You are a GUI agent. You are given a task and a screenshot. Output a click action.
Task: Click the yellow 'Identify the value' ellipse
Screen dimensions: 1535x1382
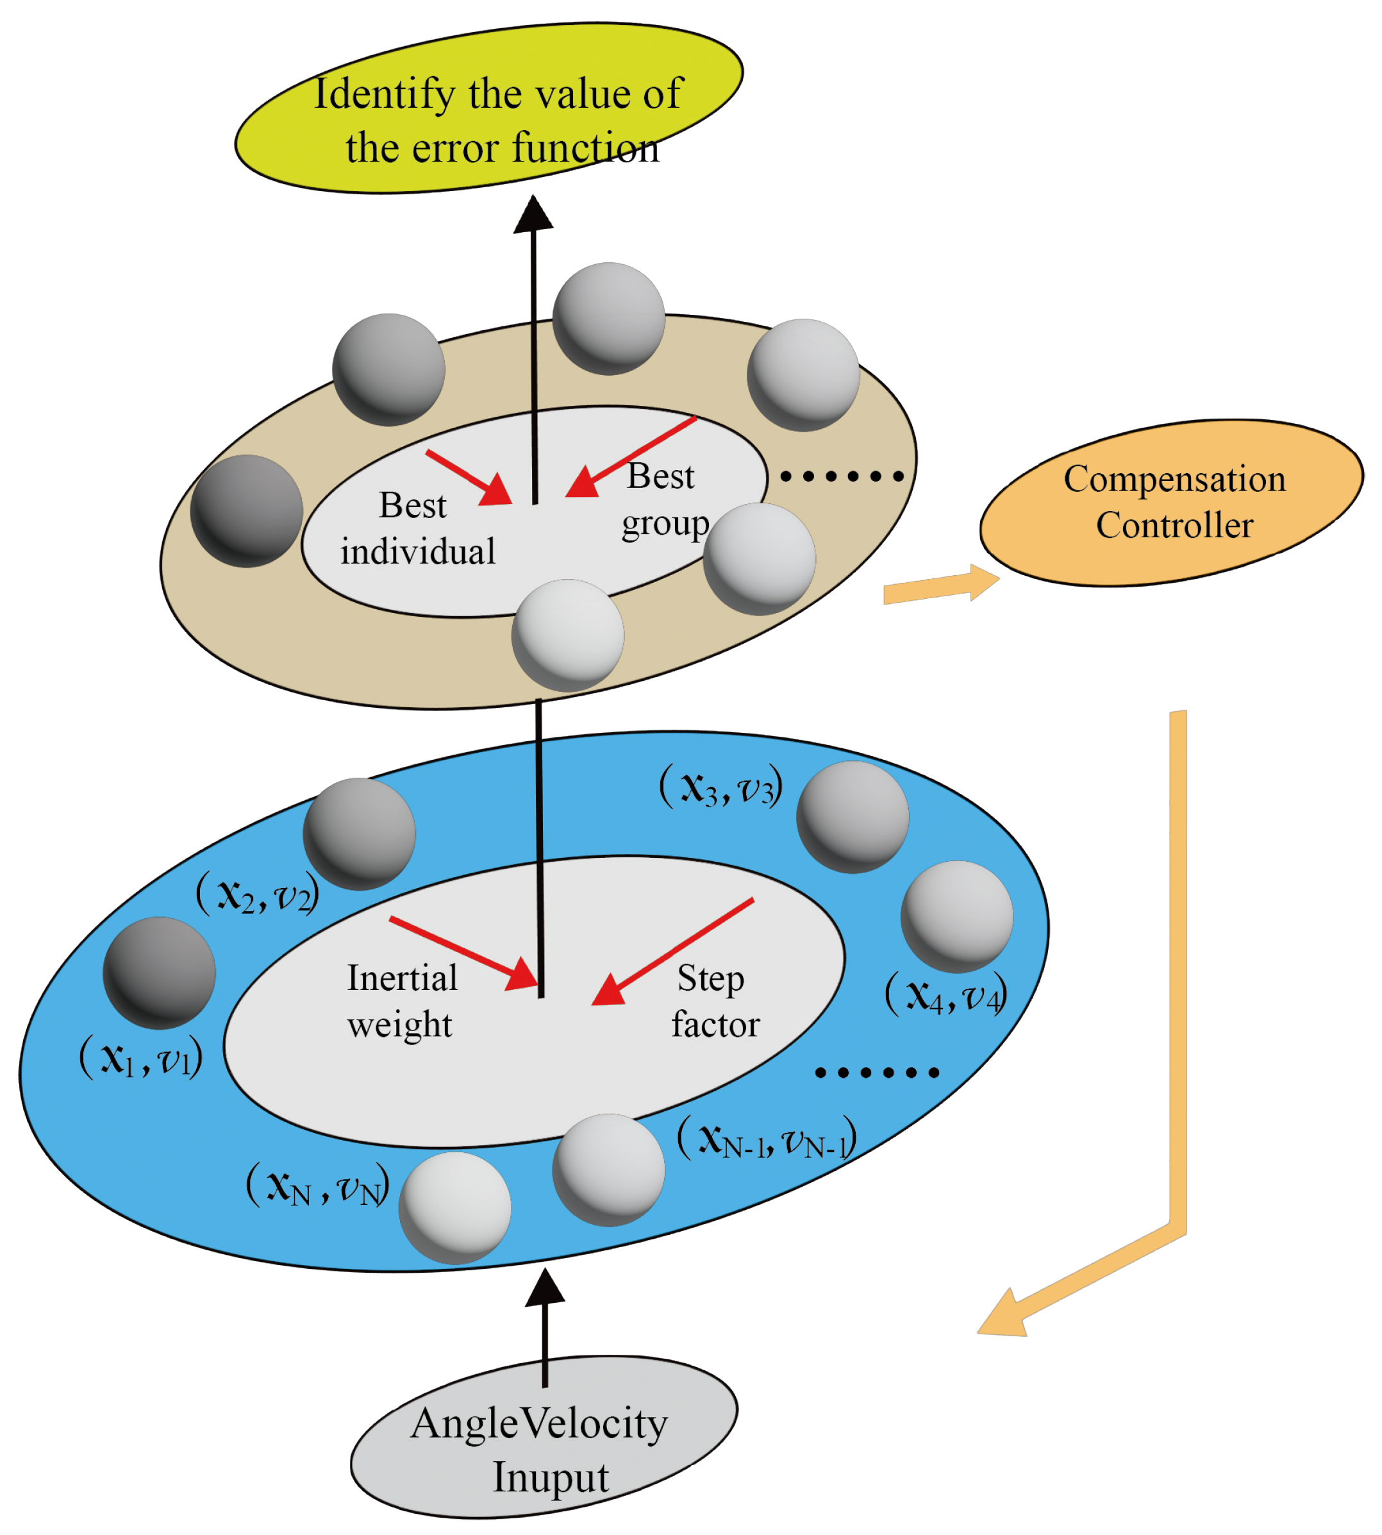[489, 108]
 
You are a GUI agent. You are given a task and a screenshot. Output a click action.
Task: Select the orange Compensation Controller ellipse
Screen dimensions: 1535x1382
[1172, 503]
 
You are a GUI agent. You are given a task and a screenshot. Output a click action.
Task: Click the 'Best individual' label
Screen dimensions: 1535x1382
[417, 528]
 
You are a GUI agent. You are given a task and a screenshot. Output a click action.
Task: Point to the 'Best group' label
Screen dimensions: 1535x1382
[663, 499]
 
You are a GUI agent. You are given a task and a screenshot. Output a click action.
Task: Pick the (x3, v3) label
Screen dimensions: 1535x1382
[720, 786]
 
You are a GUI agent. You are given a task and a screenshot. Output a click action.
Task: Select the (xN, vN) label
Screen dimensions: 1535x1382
[317, 1185]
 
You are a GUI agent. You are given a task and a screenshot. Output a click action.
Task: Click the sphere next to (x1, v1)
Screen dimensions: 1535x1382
[160, 972]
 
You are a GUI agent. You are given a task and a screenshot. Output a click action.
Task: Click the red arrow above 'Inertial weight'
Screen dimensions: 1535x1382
[463, 952]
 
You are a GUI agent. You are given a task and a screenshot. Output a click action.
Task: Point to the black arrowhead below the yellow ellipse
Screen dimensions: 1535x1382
[533, 214]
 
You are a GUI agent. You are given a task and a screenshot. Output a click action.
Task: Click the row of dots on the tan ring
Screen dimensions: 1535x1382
[842, 476]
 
